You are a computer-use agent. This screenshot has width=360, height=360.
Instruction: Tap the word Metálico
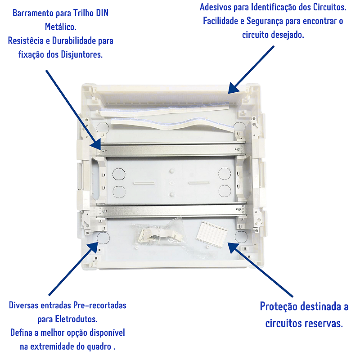pyautogui.click(x=61, y=27)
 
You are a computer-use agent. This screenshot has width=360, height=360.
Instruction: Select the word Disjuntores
pyautogui.click(x=81, y=54)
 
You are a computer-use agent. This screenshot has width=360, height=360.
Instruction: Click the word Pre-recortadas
pyautogui.click(x=99, y=306)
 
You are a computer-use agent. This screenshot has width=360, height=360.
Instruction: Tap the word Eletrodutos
pyautogui.click(x=76, y=319)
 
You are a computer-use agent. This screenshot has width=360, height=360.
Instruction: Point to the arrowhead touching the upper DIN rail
pyautogui.click(x=96, y=145)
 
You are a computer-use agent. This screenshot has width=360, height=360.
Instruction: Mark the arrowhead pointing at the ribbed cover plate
pyautogui.click(x=233, y=247)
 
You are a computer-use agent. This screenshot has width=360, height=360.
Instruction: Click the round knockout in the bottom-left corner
pyautogui.click(x=103, y=238)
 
